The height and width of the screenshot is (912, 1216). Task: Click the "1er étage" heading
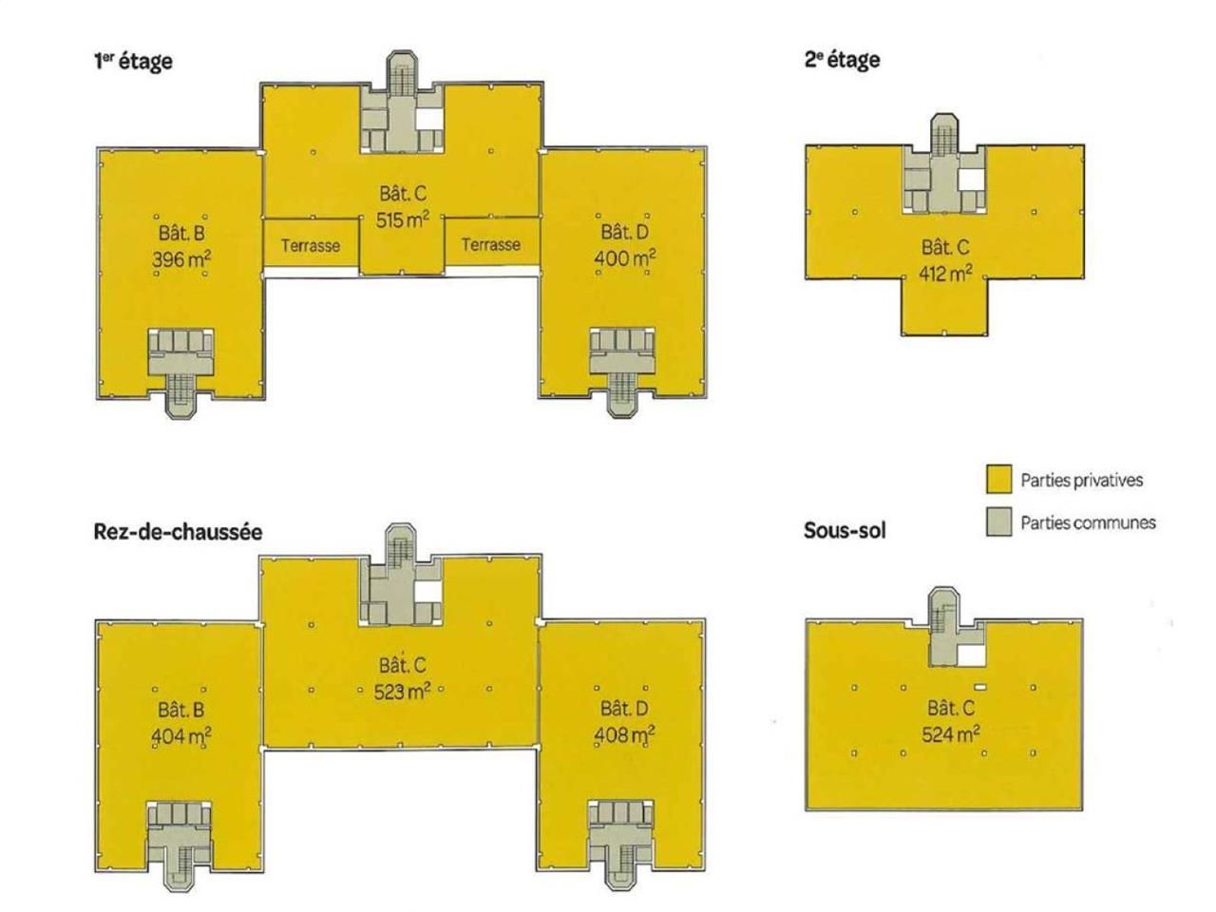coord(132,61)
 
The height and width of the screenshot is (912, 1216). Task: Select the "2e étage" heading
coord(842,60)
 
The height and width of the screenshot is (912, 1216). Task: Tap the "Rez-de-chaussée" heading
coord(178,531)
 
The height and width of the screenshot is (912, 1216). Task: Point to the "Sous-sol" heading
coord(845,530)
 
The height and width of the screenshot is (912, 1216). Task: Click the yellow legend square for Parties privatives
coord(998,480)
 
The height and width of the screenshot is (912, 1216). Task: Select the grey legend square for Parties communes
coord(998,522)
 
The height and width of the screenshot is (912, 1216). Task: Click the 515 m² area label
coord(402,219)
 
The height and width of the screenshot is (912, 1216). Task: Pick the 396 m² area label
coord(181,258)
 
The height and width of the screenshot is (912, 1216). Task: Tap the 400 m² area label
coord(624,257)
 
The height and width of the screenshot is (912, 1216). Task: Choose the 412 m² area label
coord(945,274)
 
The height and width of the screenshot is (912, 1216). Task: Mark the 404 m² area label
coord(181,735)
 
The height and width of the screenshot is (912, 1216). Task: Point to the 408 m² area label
coord(624,734)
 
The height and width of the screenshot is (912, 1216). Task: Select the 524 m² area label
coord(951,733)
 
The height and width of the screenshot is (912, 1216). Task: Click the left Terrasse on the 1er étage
coord(310,245)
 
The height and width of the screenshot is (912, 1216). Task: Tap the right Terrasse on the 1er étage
coord(490,244)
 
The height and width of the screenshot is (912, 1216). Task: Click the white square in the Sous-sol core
coord(970,655)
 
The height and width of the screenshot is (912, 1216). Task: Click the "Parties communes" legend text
coord(1088,522)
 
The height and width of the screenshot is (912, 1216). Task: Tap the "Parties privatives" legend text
coord(1081,480)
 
